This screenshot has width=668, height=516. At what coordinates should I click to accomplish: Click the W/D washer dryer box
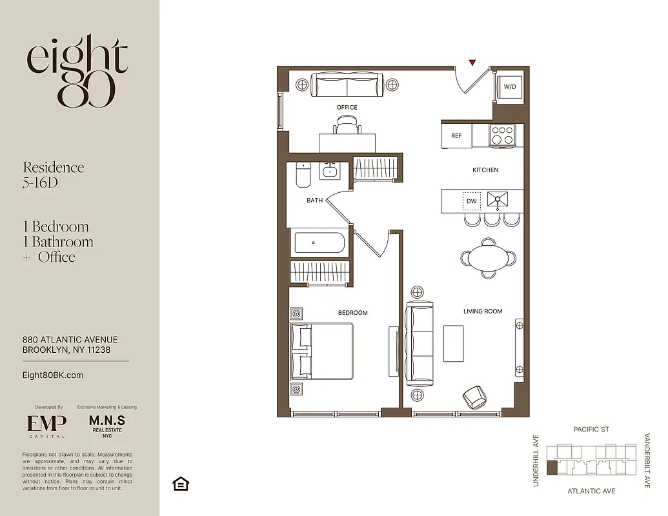tap(510, 87)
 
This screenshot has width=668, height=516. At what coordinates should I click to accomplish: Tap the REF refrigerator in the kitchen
tap(456, 136)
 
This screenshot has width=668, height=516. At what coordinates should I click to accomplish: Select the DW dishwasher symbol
tap(472, 201)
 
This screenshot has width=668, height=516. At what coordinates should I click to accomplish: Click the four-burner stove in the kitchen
tap(502, 135)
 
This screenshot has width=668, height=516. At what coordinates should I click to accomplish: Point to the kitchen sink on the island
tap(498, 201)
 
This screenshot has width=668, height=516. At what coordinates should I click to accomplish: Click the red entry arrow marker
tap(472, 63)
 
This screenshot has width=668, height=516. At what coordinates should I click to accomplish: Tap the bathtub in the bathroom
tap(319, 243)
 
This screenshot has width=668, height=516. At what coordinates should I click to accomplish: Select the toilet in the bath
tap(303, 175)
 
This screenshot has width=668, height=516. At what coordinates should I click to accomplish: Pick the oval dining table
tap(489, 258)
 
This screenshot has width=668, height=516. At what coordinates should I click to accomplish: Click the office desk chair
tap(347, 124)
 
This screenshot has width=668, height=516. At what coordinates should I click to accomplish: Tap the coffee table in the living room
tap(453, 343)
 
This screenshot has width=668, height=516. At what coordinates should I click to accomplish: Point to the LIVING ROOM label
tap(483, 312)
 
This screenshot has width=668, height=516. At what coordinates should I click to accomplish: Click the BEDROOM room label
tap(352, 313)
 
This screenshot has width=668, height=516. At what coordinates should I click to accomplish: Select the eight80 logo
tap(77, 71)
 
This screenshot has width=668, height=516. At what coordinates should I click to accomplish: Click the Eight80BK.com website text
tap(53, 375)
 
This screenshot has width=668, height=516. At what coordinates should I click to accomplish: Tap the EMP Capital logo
tap(46, 424)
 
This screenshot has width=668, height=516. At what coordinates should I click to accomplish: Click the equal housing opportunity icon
tap(181, 484)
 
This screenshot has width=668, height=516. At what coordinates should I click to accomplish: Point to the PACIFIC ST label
tap(591, 430)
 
